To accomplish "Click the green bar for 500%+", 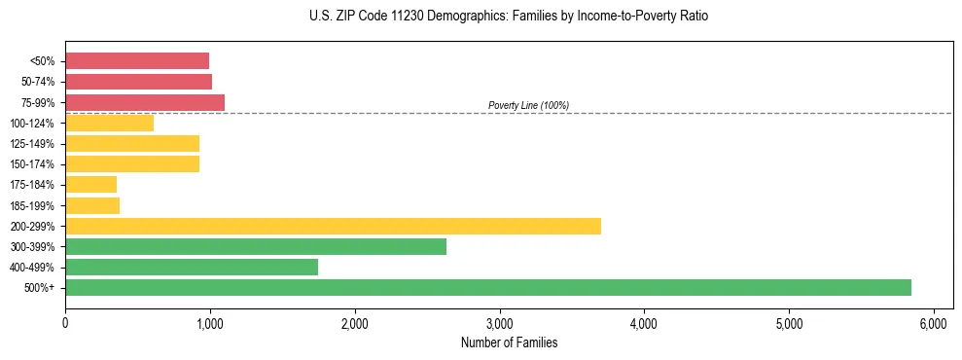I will [x=488, y=287].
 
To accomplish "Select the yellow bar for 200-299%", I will [x=333, y=226].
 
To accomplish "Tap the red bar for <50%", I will [x=137, y=61].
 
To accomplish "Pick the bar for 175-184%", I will [x=90, y=185].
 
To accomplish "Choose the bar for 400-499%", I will [x=192, y=267].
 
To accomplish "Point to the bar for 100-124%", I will [x=109, y=123].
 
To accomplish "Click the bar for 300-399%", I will [x=256, y=246].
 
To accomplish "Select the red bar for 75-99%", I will [x=145, y=102].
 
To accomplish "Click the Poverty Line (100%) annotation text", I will [x=528, y=105].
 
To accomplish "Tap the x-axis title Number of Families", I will [x=509, y=342].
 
